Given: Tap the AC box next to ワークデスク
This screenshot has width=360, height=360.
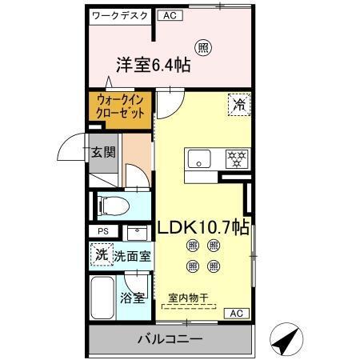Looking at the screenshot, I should point(169,15).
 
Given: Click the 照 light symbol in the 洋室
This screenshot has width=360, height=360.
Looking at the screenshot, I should point(204,47).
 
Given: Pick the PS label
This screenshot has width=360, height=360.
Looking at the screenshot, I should point(102,232).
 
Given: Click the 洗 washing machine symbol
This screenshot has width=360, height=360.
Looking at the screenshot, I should point(101,256).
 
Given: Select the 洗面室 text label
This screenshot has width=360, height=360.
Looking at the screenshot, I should point(132,257).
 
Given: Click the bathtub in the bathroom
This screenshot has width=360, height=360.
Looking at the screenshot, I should point(103,299).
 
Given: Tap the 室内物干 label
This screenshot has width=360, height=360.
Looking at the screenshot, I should point(187,298).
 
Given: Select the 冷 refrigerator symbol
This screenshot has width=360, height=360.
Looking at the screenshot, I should point(238,103).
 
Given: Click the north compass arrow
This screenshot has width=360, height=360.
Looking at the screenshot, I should point(285,339).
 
